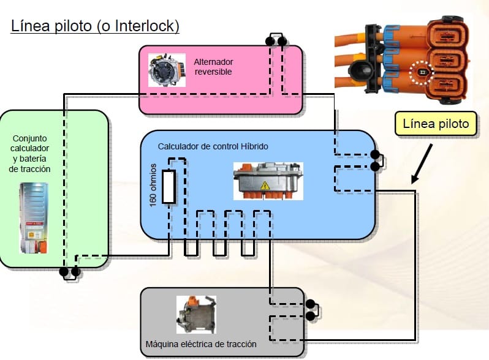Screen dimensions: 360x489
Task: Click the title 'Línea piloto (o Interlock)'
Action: click(x=95, y=27)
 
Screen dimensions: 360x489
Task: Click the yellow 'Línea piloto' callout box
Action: click(x=436, y=124)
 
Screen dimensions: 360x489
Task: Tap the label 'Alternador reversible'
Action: click(x=213, y=67)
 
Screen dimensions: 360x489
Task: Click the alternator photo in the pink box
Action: click(x=167, y=70)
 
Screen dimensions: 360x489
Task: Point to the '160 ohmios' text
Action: click(x=153, y=184)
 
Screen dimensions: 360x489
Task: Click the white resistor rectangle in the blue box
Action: click(x=168, y=187)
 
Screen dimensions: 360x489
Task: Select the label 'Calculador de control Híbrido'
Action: click(x=213, y=147)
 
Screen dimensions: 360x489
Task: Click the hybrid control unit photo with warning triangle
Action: click(x=268, y=180)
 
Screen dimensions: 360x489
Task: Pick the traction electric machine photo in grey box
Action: click(x=196, y=315)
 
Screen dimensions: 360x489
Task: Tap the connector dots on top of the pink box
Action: click(x=276, y=42)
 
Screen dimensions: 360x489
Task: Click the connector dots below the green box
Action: click(x=69, y=271)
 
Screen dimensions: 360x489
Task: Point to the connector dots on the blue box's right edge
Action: click(x=374, y=160)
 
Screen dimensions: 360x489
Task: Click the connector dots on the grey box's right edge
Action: click(x=310, y=310)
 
